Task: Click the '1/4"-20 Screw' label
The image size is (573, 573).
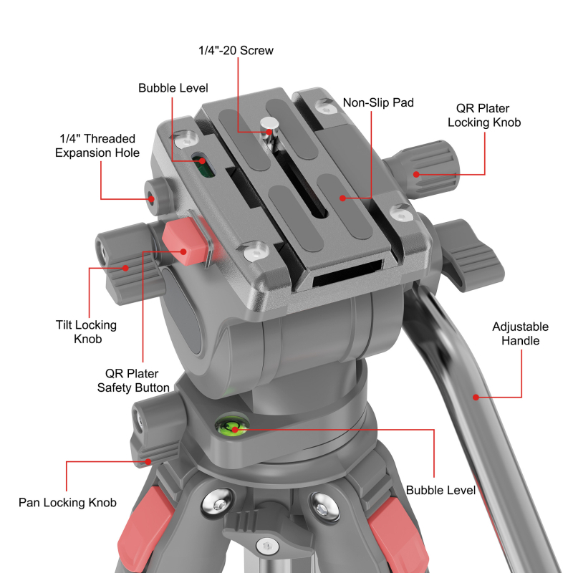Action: point(236,51)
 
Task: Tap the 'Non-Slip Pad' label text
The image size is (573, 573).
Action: point(378,102)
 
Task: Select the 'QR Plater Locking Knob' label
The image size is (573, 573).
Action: point(483,115)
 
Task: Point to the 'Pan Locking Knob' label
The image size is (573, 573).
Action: point(67,502)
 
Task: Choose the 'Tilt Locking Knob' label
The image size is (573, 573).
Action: point(86,332)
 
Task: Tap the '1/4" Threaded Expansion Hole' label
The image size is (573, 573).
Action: point(97,145)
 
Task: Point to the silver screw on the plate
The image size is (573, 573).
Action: point(269,127)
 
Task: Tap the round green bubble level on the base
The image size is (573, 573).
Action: point(233,428)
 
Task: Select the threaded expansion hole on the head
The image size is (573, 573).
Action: point(153,198)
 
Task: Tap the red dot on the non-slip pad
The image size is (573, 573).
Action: point(343,198)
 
